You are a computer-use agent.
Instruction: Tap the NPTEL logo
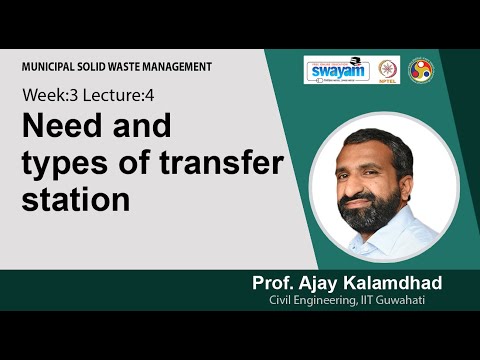384,71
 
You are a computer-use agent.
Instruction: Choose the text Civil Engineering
311,302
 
